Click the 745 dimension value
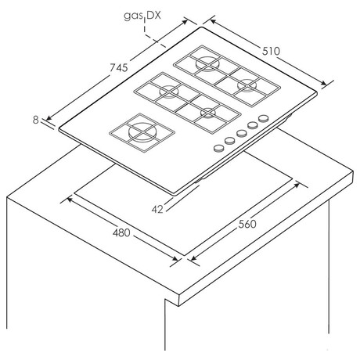pyautogui.click(x=119, y=68)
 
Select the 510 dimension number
pyautogui.click(x=271, y=51)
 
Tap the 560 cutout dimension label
pyautogui.click(x=247, y=224)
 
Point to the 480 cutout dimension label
pyautogui.click(x=121, y=232)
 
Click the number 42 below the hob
pyautogui.click(x=157, y=209)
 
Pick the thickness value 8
pyautogui.click(x=36, y=120)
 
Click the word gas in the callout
pyautogui.click(x=133, y=16)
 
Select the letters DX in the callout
pyautogui.click(x=153, y=16)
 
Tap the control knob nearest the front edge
pyautogui.click(x=219, y=149)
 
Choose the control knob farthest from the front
pyautogui.click(x=264, y=118)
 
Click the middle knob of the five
pyautogui.click(x=242, y=133)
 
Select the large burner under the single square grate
pyautogui.click(x=142, y=132)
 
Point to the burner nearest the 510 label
pyautogui.click(x=247, y=85)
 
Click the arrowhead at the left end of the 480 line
pyautogui.click(x=70, y=200)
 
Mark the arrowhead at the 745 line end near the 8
pyautogui.click(x=49, y=118)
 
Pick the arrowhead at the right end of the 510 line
pyautogui.click(x=323, y=83)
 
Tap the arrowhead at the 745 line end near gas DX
pyautogui.click(x=185, y=21)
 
